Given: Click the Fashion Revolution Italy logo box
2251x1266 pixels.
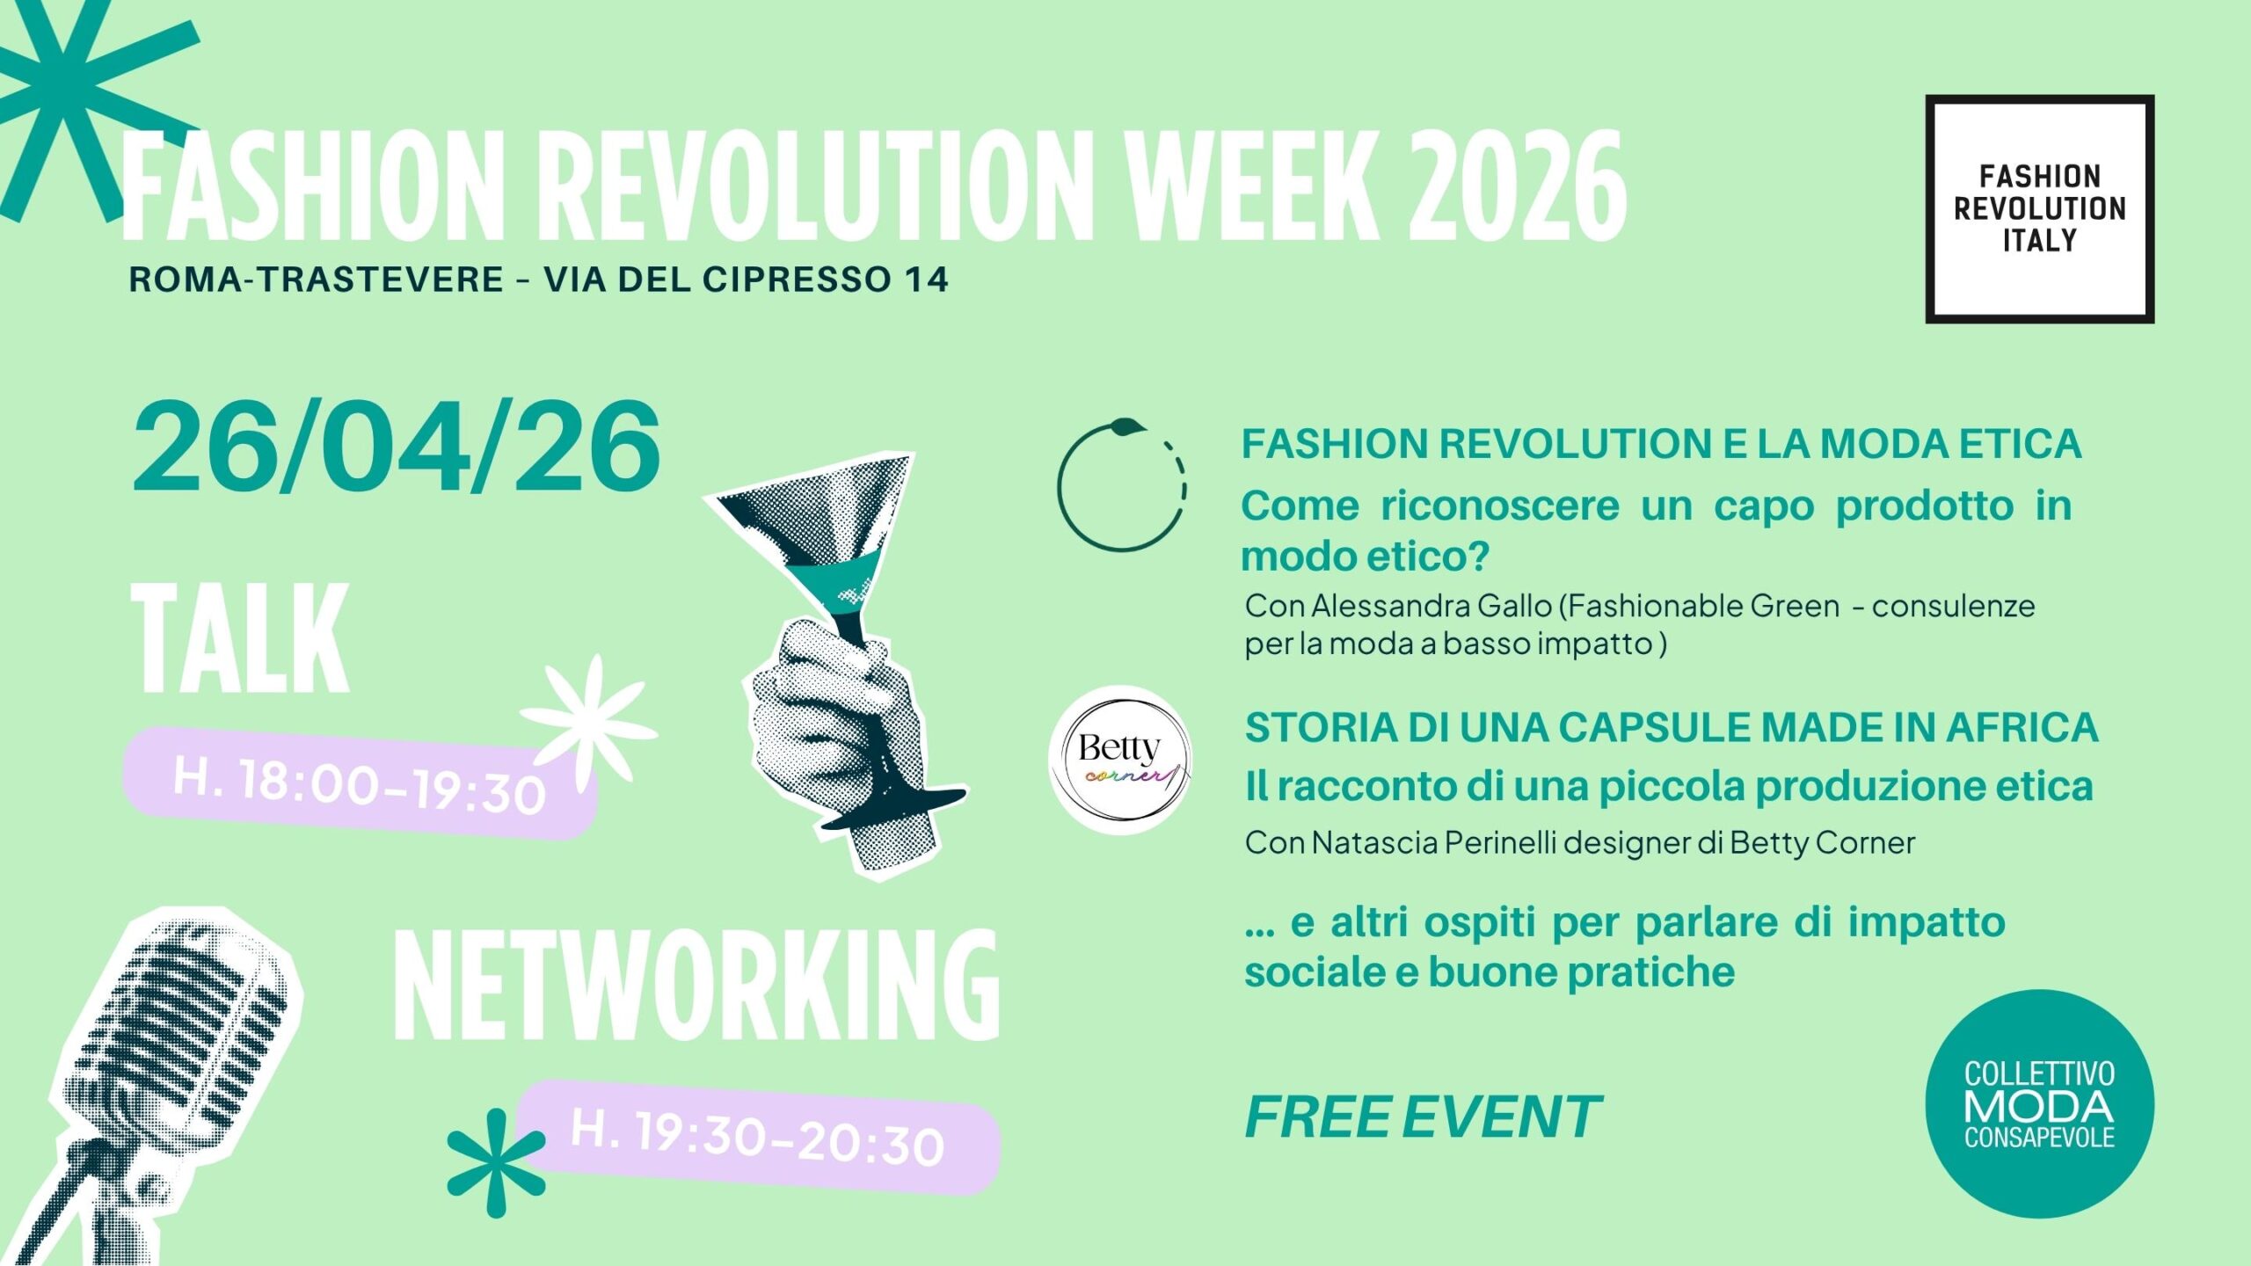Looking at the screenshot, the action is (x=2039, y=209).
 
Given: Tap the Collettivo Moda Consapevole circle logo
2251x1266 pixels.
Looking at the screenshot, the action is (x=2039, y=1104).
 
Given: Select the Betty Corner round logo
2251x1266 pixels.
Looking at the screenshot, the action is (x=1120, y=760).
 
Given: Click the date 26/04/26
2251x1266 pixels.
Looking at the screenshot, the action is (x=396, y=447).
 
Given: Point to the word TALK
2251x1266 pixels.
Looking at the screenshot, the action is (x=240, y=639).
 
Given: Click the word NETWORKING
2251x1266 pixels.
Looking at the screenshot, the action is (x=696, y=986).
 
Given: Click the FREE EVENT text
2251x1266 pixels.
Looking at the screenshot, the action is (x=1423, y=1117).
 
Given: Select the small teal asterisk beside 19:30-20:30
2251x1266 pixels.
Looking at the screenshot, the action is (x=496, y=1162).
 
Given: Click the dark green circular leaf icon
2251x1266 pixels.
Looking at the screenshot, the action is (x=1122, y=485).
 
